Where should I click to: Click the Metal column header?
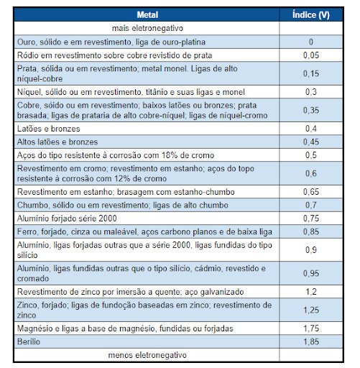pyautogui.click(x=149, y=15)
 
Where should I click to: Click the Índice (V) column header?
pyautogui.click(x=310, y=15)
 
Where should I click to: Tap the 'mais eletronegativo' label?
pyautogui.click(x=149, y=28)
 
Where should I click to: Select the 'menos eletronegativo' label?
pyautogui.click(x=147, y=355)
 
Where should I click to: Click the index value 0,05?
pyautogui.click(x=310, y=55)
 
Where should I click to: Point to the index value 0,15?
pyautogui.click(x=310, y=73)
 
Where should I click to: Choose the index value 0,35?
pyautogui.click(x=310, y=110)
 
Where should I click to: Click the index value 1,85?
pyautogui.click(x=310, y=342)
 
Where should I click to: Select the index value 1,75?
pyautogui.click(x=310, y=329)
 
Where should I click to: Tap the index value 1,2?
pyautogui.click(x=310, y=293)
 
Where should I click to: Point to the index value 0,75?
pyautogui.click(x=310, y=216)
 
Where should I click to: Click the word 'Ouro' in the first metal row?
pyautogui.click(x=27, y=42)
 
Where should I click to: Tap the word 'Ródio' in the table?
pyautogui.click(x=28, y=55)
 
